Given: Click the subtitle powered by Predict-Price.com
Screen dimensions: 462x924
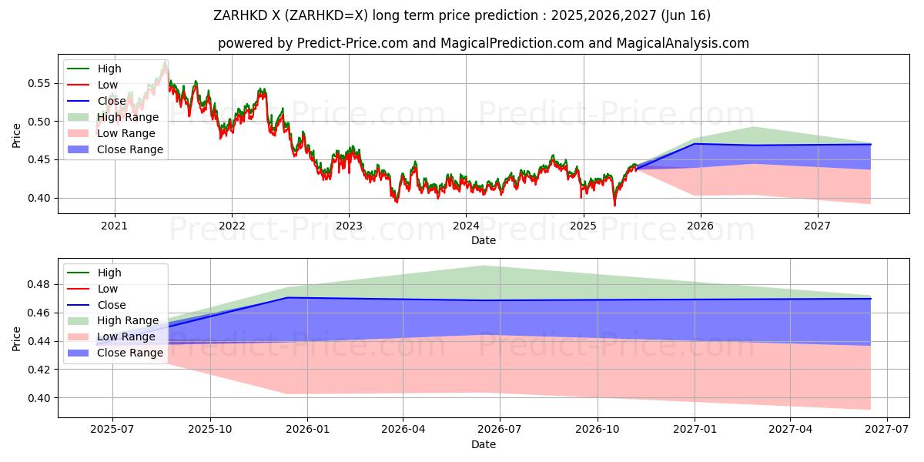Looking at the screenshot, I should point(483,43).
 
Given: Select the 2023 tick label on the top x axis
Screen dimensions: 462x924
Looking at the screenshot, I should point(349,226).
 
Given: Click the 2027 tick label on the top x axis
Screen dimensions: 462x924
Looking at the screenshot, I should point(817,226).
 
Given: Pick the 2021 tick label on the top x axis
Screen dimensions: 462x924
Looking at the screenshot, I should point(115,226).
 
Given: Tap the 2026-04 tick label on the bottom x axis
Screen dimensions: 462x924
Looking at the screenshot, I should point(403,430).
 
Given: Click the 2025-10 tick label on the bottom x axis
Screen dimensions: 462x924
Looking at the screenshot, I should point(209,430).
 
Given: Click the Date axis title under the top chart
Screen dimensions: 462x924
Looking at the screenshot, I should point(483,241).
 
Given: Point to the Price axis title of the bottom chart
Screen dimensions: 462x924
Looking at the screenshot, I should point(17,338).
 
